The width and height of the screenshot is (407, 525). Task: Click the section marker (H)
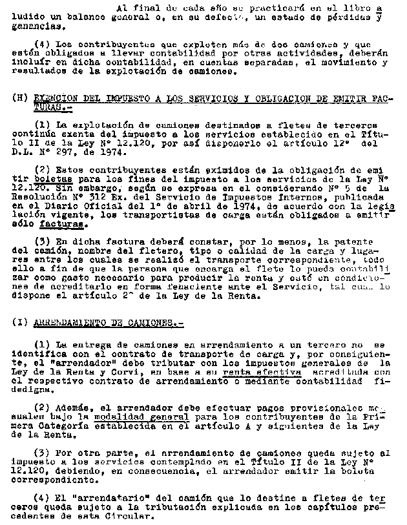(19, 98)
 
